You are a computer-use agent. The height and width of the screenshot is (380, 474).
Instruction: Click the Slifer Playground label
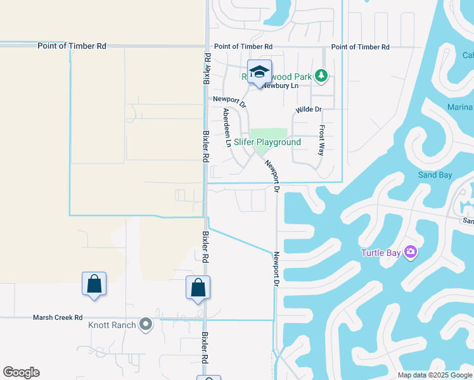pos(267,142)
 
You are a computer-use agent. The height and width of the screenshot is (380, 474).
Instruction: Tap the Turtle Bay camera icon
pos(411,253)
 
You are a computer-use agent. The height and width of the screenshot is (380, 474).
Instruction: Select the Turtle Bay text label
pos(381,253)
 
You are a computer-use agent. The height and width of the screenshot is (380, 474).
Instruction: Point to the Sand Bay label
pos(435,175)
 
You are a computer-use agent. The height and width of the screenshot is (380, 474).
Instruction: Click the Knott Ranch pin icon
pos(146,325)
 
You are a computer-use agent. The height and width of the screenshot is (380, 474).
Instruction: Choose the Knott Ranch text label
pos(112,326)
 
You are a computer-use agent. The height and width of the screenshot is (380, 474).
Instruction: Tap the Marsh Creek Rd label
pos(58,318)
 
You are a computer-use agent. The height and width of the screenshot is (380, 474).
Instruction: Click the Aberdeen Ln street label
pos(227,128)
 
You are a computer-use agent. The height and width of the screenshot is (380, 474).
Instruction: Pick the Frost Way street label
pos(322,141)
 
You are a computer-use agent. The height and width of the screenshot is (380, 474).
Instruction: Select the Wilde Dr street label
pos(309,110)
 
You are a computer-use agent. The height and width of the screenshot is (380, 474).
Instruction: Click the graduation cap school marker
pos(259,72)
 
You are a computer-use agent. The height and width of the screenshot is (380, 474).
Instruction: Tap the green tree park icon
pos(321,77)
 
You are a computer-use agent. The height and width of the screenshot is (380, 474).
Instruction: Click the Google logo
pos(21,372)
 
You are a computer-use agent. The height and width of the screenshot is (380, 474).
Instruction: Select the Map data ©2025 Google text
pos(435,375)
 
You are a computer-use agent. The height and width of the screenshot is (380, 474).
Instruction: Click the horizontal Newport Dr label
pos(228,99)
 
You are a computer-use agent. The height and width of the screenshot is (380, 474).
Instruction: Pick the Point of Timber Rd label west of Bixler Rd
pos(72,46)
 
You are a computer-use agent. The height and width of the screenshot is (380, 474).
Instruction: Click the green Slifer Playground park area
pos(269,134)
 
